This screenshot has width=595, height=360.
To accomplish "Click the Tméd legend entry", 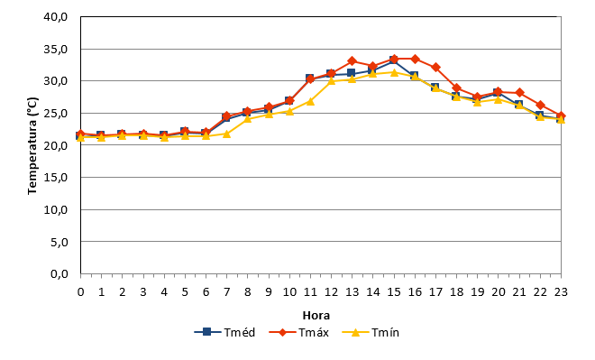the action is pyautogui.click(x=224, y=332).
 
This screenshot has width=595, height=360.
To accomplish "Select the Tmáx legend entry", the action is pyautogui.click(x=299, y=332).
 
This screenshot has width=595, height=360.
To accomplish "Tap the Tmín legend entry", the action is pyautogui.click(x=371, y=332).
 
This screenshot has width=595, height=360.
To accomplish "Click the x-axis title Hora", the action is pyautogui.click(x=316, y=316).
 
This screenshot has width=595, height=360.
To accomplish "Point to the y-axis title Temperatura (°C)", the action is pyautogui.click(x=32, y=146).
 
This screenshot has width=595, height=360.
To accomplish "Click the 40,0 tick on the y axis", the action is pyautogui.click(x=55, y=17).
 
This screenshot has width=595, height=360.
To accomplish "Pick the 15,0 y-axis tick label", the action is pyautogui.click(x=55, y=178).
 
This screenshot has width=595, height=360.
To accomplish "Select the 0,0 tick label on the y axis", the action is pyautogui.click(x=59, y=273).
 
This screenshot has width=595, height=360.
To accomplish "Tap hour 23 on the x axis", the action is pyautogui.click(x=561, y=291).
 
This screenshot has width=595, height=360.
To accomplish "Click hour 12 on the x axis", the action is pyautogui.click(x=331, y=291).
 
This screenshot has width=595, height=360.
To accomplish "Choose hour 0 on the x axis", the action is pyautogui.click(x=80, y=291).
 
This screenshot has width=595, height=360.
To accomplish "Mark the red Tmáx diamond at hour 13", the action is pyautogui.click(x=352, y=60).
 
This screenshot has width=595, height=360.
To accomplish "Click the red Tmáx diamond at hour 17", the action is pyautogui.click(x=435, y=67).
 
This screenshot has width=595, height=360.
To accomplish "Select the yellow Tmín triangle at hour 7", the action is pyautogui.click(x=226, y=134).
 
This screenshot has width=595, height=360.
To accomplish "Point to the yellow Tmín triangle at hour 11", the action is pyautogui.click(x=310, y=101).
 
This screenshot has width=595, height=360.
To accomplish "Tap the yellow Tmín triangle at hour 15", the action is pyautogui.click(x=394, y=72).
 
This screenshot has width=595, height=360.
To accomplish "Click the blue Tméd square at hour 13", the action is pyautogui.click(x=351, y=73).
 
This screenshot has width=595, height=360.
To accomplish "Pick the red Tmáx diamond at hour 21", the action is pyautogui.click(x=519, y=93).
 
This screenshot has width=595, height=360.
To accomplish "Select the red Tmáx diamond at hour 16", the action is pyautogui.click(x=415, y=59).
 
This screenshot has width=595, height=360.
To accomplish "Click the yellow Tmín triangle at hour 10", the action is pyautogui.click(x=289, y=111).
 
